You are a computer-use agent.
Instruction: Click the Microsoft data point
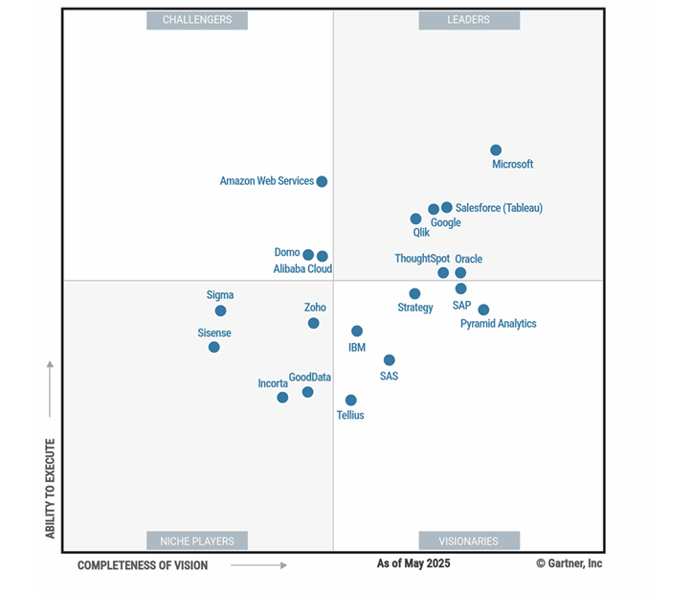coord(496,150)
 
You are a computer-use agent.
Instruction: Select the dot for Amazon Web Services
coord(322,182)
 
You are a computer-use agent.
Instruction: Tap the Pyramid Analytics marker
coord(483,309)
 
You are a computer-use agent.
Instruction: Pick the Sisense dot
coord(214,347)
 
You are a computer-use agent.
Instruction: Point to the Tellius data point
coord(351,401)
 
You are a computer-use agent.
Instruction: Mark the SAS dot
coord(389,360)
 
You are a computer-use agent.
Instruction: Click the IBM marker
coord(357,332)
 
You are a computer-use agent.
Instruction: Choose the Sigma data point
coord(220,310)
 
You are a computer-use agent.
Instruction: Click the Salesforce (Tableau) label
coord(499,208)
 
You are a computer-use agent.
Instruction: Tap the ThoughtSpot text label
coord(422,259)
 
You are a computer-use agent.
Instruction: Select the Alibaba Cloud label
coord(302,269)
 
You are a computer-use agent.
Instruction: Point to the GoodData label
coord(309,378)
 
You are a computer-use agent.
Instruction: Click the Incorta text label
coord(273,383)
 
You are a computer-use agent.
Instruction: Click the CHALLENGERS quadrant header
coord(196,20)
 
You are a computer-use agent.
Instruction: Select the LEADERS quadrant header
coord(469,20)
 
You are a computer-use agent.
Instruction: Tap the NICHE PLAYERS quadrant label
coord(196,540)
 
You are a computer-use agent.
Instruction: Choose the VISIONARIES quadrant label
coord(469,540)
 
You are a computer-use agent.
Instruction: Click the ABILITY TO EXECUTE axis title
coord(51,488)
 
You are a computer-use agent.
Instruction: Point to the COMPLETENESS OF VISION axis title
coord(143,565)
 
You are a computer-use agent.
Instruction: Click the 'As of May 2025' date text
coord(413,563)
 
